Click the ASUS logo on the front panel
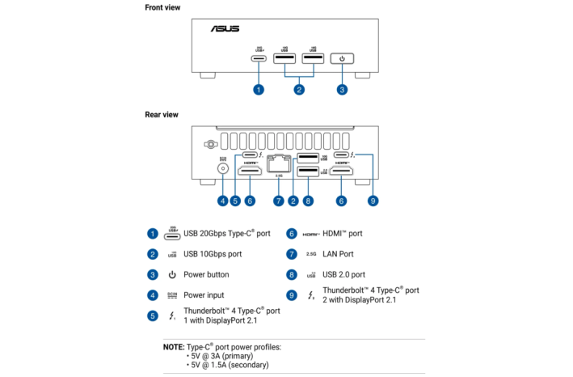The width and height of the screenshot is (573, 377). click(x=225, y=29)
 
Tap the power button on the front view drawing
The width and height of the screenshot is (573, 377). click(x=342, y=58)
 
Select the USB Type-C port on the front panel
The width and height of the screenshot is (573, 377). click(x=259, y=59)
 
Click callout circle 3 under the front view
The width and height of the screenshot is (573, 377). click(x=342, y=89)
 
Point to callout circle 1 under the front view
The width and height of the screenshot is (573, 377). click(x=259, y=89)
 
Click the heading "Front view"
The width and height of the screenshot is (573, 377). click(x=162, y=8)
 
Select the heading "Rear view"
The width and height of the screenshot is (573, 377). click(x=162, y=115)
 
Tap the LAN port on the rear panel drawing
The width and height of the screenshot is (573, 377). click(x=279, y=162)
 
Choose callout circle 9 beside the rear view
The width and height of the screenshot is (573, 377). click(x=372, y=200)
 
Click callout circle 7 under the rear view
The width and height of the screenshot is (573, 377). click(x=279, y=200)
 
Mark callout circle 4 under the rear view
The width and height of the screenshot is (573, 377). click(x=222, y=200)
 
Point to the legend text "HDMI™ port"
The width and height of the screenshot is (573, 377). click(x=343, y=234)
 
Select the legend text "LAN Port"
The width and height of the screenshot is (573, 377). click(x=338, y=254)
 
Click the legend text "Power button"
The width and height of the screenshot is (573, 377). click(x=206, y=275)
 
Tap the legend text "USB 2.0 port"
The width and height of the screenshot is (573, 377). click(x=343, y=275)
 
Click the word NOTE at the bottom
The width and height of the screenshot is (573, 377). click(x=173, y=347)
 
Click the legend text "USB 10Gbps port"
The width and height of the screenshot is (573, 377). click(x=213, y=254)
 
